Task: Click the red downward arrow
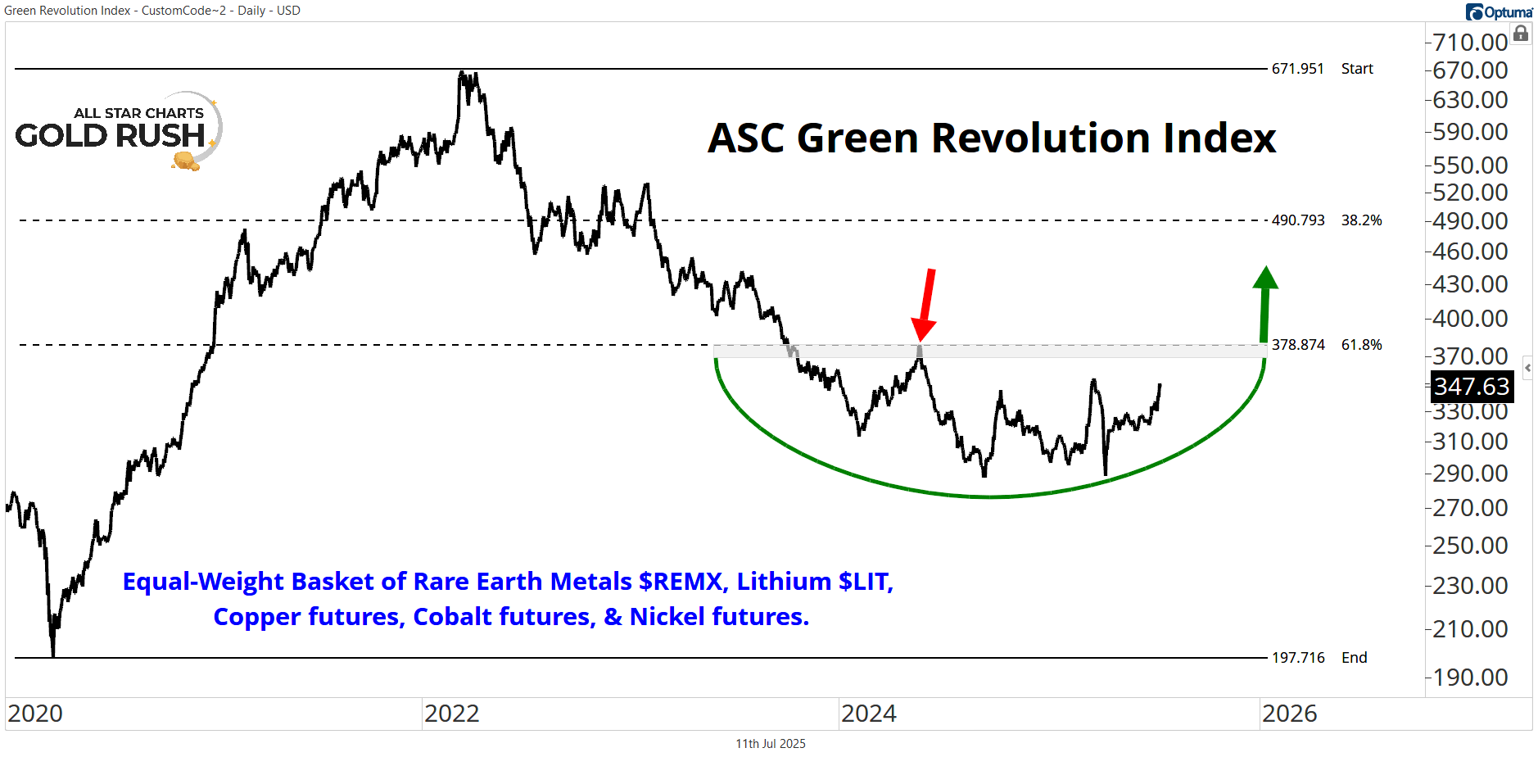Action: [x=926, y=303]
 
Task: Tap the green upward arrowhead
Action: [x=1265, y=279]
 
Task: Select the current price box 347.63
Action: [x=1471, y=386]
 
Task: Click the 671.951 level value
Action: [x=1297, y=69]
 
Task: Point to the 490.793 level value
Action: [x=1297, y=220]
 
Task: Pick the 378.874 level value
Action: [x=1297, y=345]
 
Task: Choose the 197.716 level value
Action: [x=1297, y=658]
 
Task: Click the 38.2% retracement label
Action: [x=1361, y=220]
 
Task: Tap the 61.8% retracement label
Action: [x=1361, y=345]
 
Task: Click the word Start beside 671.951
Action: [x=1357, y=69]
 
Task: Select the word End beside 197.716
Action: [x=1354, y=658]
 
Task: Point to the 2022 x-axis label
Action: [x=451, y=714]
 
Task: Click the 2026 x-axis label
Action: [x=1289, y=714]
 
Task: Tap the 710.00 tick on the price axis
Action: [x=1470, y=42]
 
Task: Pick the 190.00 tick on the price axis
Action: [x=1470, y=678]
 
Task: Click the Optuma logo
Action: [x=1499, y=12]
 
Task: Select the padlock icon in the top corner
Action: [x=1521, y=34]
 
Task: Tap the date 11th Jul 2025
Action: [x=770, y=744]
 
